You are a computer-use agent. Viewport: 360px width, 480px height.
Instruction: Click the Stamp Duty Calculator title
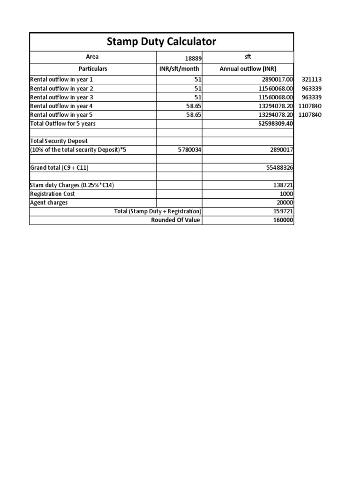coord(162,42)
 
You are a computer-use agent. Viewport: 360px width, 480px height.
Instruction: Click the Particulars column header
coord(92,68)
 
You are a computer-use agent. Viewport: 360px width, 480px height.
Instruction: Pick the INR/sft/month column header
coord(179,68)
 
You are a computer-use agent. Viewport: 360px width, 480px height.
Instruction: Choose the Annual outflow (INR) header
coord(248,68)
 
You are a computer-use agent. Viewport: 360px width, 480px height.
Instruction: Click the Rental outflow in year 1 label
coord(61,80)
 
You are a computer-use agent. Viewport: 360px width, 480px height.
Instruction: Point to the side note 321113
coord(312,80)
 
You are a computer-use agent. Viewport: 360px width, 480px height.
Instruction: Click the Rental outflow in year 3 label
coord(61,97)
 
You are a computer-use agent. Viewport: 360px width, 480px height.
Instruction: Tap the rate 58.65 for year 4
coord(192,106)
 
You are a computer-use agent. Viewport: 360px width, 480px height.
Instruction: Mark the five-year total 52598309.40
coord(274,124)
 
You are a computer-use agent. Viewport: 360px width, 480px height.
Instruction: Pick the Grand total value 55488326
coord(278,167)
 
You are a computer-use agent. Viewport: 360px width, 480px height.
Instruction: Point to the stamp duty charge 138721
coord(282,185)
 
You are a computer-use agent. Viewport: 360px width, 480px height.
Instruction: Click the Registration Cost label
coord(52,194)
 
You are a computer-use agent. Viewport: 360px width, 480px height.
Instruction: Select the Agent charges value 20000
coord(284,202)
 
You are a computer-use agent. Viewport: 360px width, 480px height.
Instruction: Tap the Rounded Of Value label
coord(176,220)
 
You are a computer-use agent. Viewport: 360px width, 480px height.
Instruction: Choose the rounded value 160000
coord(282,220)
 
